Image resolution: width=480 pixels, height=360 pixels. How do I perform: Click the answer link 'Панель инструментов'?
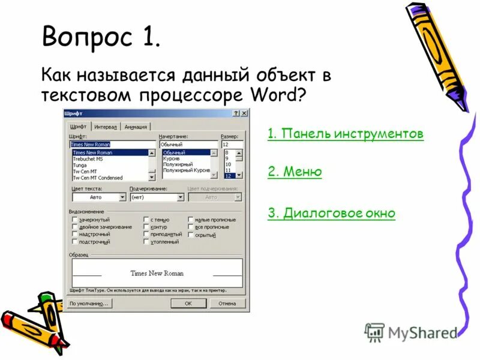pyautogui.click(x=346, y=134)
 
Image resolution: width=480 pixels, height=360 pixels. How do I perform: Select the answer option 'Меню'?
pyautogui.click(x=295, y=172)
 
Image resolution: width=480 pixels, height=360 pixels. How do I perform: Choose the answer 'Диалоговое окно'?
pyautogui.click(x=331, y=213)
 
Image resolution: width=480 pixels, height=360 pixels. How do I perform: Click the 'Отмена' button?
pyautogui.click(x=227, y=304)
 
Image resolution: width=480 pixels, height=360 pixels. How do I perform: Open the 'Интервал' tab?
pyautogui.click(x=106, y=127)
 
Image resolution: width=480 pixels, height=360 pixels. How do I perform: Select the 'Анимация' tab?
pyautogui.click(x=136, y=127)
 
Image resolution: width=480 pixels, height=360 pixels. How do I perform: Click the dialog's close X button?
pyautogui.click(x=244, y=113)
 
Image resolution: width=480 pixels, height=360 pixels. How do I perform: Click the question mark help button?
pyautogui.click(x=236, y=113)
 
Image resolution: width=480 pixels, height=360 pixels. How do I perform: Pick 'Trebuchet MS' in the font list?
pyautogui.click(x=88, y=159)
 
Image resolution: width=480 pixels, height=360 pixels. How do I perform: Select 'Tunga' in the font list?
pyautogui.click(x=80, y=165)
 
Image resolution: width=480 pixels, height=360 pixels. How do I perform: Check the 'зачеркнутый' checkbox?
pyautogui.click(x=74, y=220)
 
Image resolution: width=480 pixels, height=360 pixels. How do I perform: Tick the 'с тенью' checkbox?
pyautogui.click(x=146, y=220)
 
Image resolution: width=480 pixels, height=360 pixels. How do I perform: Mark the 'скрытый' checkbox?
pyautogui.click(x=191, y=235)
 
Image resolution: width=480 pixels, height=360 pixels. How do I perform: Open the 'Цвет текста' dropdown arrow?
pyautogui.click(x=122, y=197)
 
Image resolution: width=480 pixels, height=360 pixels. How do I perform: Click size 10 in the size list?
pyautogui.click(x=228, y=164)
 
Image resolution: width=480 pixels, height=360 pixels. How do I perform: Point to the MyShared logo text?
pyautogui.click(x=422, y=332)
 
